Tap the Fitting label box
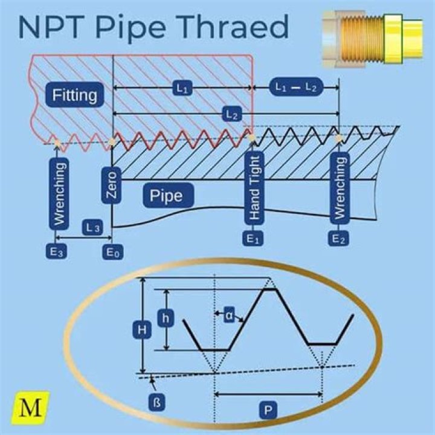[x=74, y=95]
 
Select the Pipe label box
[x=166, y=196]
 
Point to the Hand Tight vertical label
[x=254, y=188]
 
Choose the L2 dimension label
[x=231, y=114]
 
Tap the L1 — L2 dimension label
[x=296, y=87]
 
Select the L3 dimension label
[x=94, y=227]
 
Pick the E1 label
[x=254, y=238]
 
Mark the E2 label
[x=340, y=238]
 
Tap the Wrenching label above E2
[x=340, y=187]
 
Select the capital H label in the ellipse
[x=141, y=329]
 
